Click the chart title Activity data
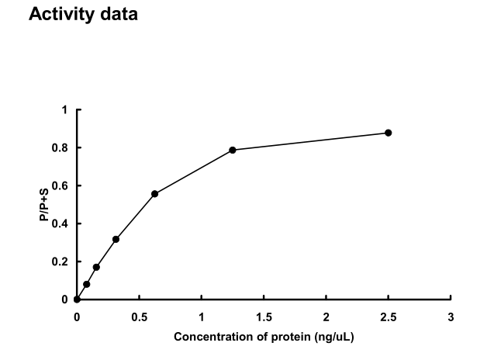coord(83,15)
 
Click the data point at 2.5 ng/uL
coord(389,133)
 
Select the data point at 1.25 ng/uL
coord(233,150)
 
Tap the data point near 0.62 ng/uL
coord(155,193)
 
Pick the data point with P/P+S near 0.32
coord(116,239)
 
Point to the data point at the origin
coord(77,299)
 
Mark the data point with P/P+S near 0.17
coord(96,267)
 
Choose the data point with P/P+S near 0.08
coord(86,284)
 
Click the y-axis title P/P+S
coord(46,205)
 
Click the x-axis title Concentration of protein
coord(264,337)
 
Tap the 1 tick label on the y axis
coord(65,110)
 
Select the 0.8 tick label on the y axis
coord(61,148)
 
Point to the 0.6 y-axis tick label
coord(61,186)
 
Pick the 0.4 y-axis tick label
coord(61,224)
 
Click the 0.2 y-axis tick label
coord(61,262)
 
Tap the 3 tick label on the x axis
coord(451,317)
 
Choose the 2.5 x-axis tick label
coord(389,317)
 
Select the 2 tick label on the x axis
coord(326,317)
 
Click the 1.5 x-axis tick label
coord(264,317)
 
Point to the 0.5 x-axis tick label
coord(139,317)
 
